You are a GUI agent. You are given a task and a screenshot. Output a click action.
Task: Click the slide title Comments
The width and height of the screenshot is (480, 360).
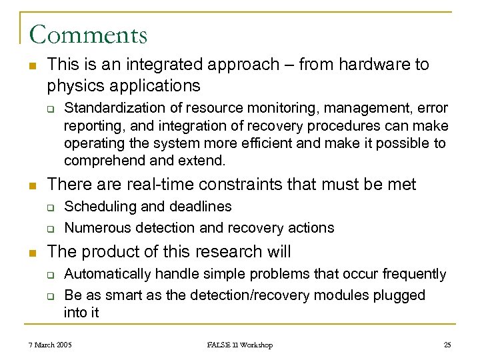89,34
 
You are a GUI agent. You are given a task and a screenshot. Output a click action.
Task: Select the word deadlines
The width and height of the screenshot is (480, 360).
199,207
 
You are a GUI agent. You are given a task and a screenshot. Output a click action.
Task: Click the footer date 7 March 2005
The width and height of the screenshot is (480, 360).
51,345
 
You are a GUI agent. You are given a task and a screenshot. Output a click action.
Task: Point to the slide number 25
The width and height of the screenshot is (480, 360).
447,345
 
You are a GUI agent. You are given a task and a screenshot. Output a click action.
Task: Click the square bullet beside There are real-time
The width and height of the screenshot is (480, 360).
32,185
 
